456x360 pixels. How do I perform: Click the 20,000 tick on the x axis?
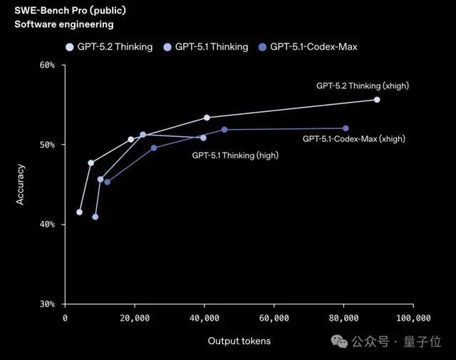135,318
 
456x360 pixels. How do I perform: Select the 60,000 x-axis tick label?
274,318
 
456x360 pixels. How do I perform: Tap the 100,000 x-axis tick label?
413,318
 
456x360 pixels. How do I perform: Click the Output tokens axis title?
239,341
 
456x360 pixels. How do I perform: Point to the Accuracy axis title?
21,185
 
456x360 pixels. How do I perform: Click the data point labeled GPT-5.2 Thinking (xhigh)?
377,100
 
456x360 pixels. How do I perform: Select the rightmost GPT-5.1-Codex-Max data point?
346,128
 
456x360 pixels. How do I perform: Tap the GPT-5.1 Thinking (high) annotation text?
235,155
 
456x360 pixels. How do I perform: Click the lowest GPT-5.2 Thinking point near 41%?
79,212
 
